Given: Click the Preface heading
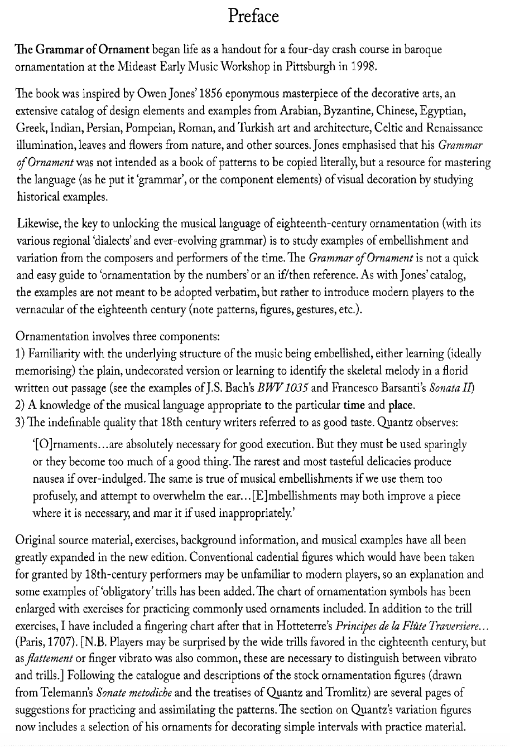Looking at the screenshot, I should tap(254, 17).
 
